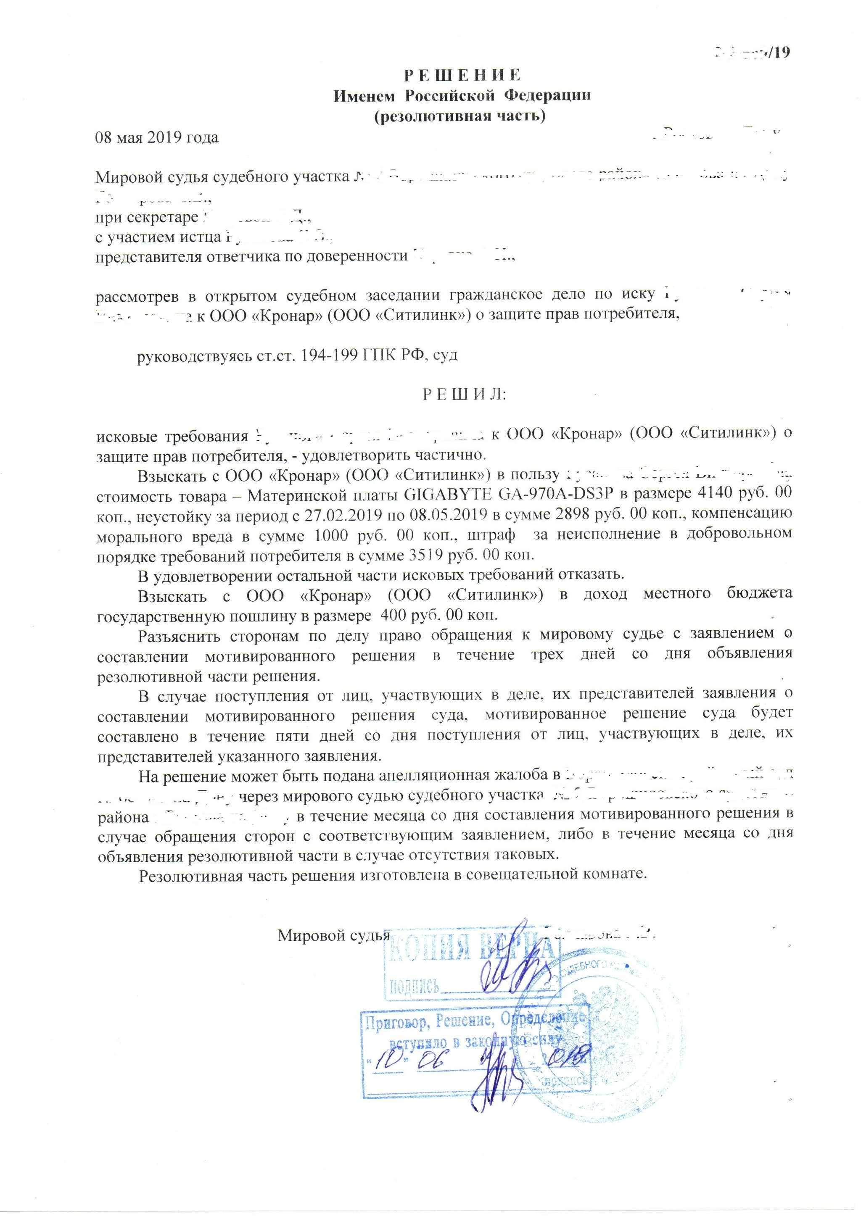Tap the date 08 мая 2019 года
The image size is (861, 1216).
[157, 138]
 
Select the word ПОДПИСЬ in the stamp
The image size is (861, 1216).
[414, 986]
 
